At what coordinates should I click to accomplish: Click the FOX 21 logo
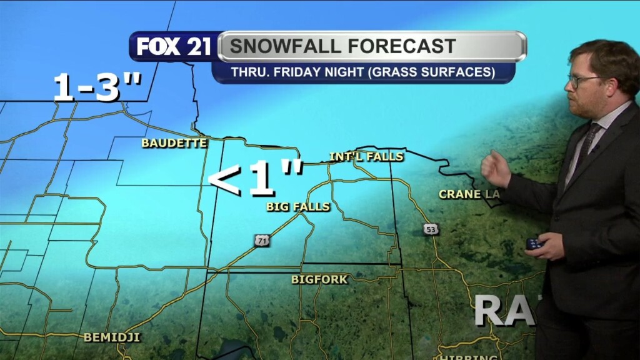[x=174, y=47]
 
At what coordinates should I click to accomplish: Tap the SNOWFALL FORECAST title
[x=342, y=46]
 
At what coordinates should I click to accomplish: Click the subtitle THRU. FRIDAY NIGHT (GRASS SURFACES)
[x=363, y=72]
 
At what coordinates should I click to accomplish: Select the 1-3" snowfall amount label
[x=97, y=87]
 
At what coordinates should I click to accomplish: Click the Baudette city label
[x=174, y=143]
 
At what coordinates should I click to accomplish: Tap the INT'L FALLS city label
[x=366, y=156]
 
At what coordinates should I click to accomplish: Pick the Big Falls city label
[x=298, y=207]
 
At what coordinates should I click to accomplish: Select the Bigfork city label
[x=319, y=280]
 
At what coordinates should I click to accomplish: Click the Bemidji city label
[x=112, y=338]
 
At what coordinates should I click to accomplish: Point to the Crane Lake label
[x=469, y=194]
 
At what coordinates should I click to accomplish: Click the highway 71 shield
[x=261, y=240]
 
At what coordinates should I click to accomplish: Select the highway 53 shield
[x=430, y=229]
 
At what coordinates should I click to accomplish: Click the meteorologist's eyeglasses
[x=582, y=81]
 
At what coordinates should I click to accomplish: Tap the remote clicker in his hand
[x=534, y=244]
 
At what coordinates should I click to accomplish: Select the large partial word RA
[x=504, y=310]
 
